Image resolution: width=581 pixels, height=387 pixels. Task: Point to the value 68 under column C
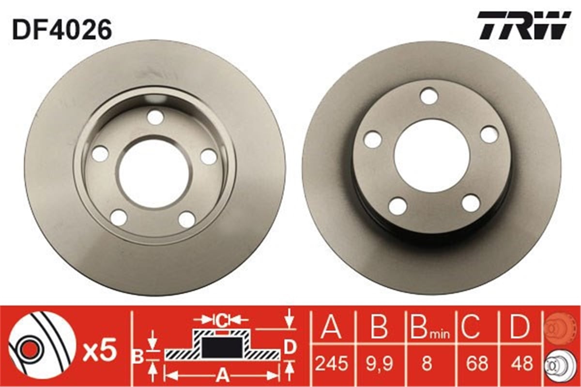coord(476,363)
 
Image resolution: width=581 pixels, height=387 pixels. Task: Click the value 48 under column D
coord(521,363)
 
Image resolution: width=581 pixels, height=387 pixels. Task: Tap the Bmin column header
coord(429,327)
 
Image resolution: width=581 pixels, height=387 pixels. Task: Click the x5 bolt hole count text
coord(100,352)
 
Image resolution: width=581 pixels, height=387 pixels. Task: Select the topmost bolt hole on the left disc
coord(155,117)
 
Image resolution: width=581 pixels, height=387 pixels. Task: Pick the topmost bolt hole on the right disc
coord(429,96)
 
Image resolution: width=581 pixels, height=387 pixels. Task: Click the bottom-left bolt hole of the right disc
coord(398,206)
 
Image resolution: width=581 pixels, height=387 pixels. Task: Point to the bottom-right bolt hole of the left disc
coord(187,219)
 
